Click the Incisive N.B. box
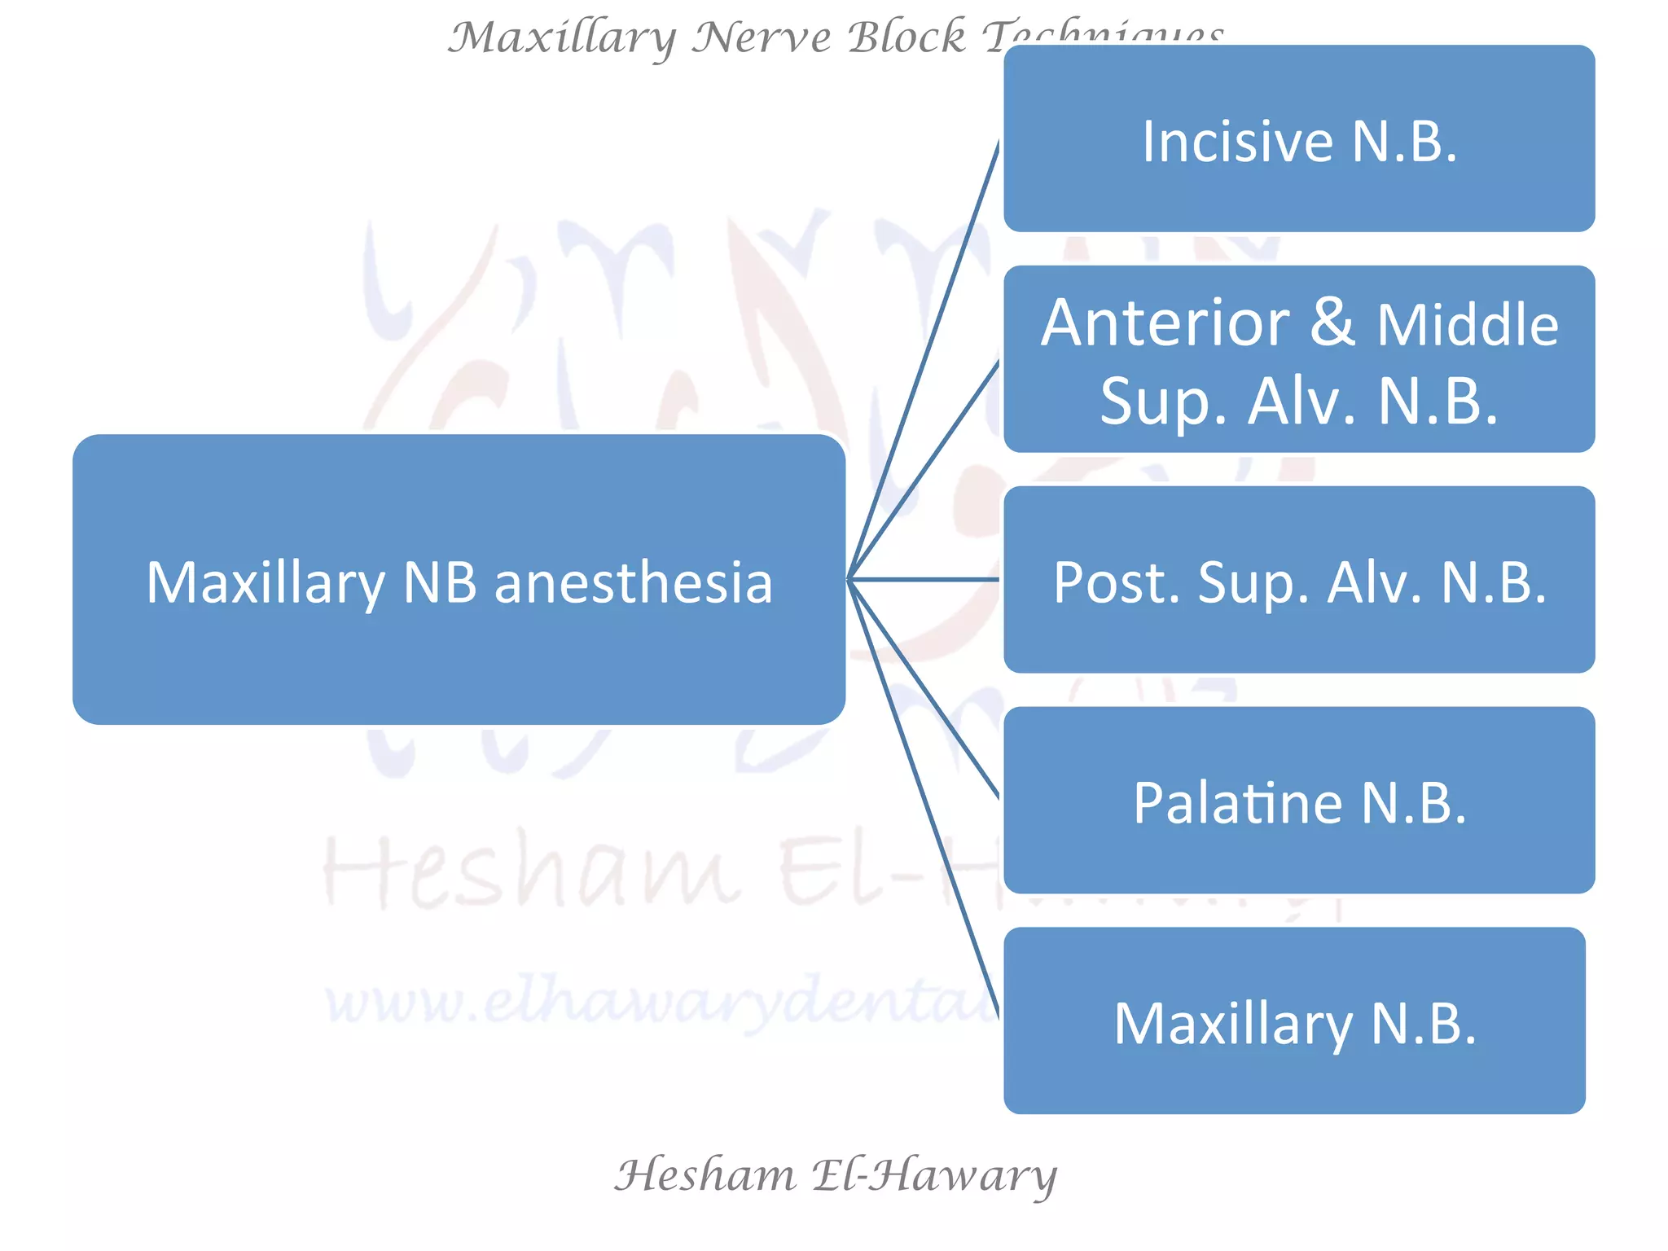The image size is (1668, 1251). [1298, 138]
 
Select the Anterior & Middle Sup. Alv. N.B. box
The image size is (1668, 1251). [1298, 359]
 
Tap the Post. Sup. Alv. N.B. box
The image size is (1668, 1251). [1298, 580]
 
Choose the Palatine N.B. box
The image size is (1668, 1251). [1298, 801]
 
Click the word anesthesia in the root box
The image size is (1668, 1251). [633, 583]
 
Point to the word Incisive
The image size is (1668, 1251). [1236, 142]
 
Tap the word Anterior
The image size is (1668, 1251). [1165, 323]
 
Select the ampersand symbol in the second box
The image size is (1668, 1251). [1332, 322]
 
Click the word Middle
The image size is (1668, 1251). [1468, 325]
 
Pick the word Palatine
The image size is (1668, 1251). [1236, 804]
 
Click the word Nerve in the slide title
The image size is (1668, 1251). [761, 37]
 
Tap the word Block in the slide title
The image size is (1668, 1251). [906, 37]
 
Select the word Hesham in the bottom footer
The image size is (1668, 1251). [705, 1175]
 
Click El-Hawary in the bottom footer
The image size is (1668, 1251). [933, 1175]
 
